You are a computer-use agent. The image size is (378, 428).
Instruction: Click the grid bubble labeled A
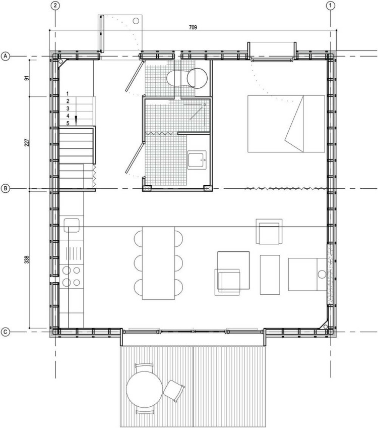click(5, 56)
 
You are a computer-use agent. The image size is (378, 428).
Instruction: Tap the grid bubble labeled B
click(5, 188)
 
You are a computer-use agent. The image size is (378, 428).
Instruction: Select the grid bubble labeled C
click(5, 332)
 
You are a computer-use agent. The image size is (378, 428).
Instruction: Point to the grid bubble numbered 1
click(331, 5)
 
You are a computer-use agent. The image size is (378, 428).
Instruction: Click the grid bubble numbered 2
click(55, 5)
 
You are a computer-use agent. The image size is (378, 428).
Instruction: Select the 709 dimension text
click(193, 27)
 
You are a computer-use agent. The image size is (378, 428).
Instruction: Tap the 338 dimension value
click(26, 259)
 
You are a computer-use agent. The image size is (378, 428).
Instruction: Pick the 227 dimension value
click(26, 142)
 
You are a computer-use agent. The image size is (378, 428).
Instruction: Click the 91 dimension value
click(26, 78)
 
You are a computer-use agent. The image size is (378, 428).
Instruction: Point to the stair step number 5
click(68, 123)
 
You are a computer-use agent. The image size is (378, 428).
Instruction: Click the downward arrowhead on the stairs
click(76, 119)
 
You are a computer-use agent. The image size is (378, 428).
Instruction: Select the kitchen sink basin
click(72, 225)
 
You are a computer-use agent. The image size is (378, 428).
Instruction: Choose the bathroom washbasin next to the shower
click(197, 160)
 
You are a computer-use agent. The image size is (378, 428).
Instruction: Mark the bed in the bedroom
click(286, 124)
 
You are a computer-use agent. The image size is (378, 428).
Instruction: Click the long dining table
click(158, 263)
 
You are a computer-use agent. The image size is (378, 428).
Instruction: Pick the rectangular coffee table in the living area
click(270, 275)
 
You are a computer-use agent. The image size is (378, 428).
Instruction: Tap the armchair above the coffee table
click(269, 231)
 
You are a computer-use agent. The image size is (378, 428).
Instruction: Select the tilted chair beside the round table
click(174, 391)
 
